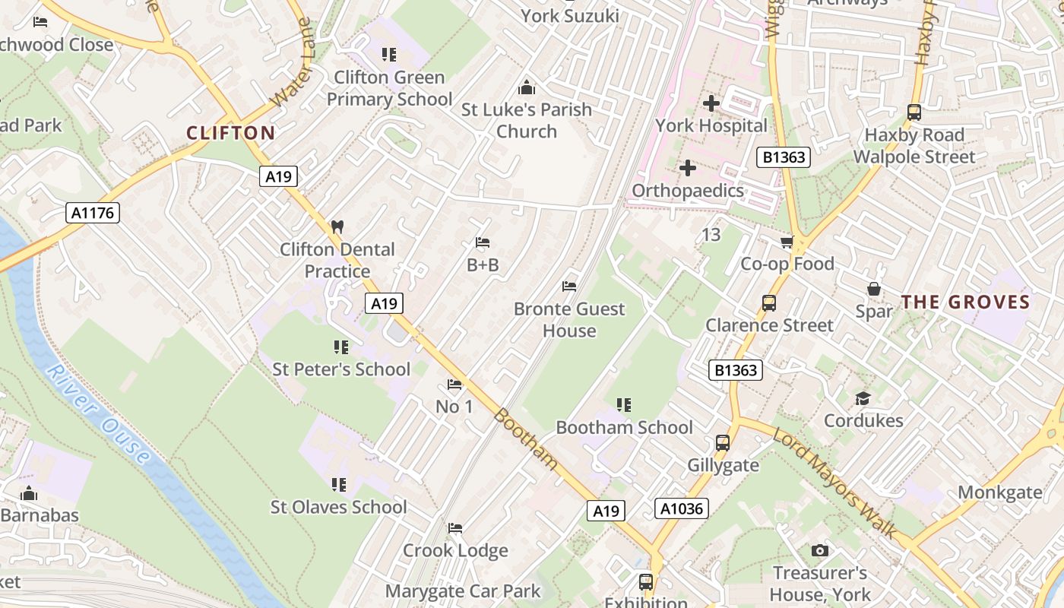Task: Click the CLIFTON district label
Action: [x=231, y=133]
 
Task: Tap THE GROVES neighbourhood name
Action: [x=965, y=302]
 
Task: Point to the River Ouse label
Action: [x=98, y=413]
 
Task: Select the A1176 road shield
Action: [x=93, y=213]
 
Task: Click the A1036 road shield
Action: [x=681, y=508]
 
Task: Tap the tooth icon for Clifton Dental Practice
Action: [x=337, y=226]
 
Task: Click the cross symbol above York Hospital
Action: [x=711, y=103]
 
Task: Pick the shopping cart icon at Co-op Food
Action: [x=787, y=242]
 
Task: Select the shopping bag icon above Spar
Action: [x=874, y=289]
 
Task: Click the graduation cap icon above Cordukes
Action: [x=863, y=398]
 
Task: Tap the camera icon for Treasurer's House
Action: [x=819, y=550]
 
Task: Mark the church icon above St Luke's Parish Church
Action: [x=526, y=87]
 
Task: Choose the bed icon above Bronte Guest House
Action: [x=569, y=286]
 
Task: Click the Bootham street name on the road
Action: [x=525, y=439]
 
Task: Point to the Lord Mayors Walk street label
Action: [x=834, y=483]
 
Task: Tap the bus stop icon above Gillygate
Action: [x=723, y=442]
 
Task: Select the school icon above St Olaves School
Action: [x=339, y=484]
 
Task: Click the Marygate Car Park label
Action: [x=463, y=591]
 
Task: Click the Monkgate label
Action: [x=999, y=492]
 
